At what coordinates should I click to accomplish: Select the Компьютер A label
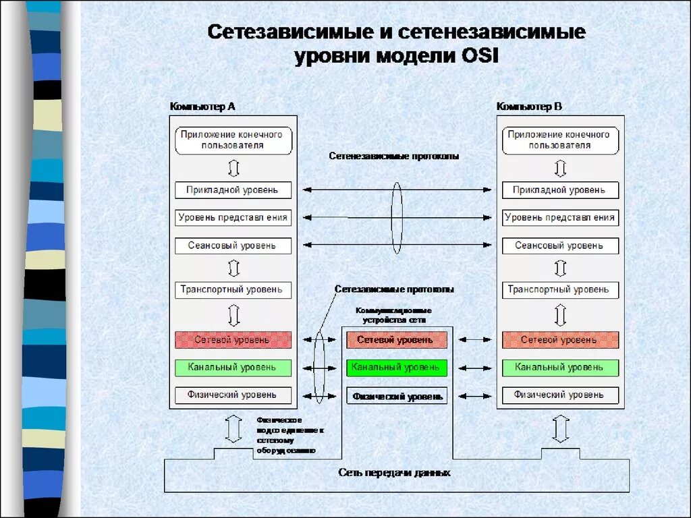202,107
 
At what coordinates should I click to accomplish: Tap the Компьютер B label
529,107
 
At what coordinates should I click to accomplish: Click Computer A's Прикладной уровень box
232,190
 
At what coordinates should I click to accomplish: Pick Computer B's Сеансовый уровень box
559,246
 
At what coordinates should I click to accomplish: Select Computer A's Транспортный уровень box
232,290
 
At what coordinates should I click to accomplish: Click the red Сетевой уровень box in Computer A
232,340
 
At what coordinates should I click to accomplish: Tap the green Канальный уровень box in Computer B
559,368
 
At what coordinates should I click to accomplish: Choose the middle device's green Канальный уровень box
397,368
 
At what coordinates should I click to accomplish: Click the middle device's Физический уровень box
397,396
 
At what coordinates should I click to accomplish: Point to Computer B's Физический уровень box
559,395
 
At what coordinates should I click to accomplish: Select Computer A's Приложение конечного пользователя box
232,140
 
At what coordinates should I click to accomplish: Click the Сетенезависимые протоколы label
394,156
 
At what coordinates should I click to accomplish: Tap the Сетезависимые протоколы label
394,289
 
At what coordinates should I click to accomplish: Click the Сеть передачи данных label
394,473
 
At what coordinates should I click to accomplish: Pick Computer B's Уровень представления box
559,218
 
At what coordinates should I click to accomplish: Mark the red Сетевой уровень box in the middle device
397,340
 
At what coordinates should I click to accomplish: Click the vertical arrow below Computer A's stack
233,428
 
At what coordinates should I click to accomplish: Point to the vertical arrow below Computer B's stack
559,428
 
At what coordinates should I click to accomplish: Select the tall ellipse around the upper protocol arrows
397,217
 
